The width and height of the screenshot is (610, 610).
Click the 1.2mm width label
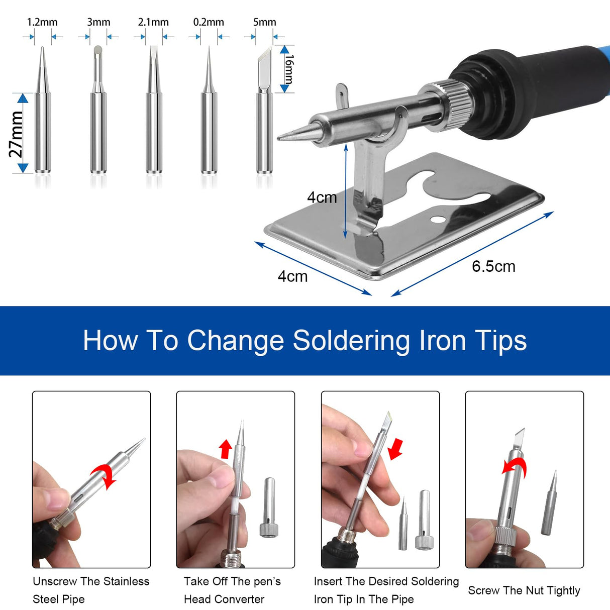point(42,22)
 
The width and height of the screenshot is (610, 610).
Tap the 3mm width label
point(98,22)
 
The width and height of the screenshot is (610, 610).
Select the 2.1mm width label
point(153,22)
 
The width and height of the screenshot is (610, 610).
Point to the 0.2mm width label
point(209,22)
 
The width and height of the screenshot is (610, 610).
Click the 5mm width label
point(264,22)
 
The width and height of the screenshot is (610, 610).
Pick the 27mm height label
point(16,134)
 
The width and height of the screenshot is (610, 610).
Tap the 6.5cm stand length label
point(493,266)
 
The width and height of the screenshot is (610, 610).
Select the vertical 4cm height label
point(322,197)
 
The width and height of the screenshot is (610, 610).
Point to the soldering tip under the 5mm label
point(264,116)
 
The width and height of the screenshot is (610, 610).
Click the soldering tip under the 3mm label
point(98,116)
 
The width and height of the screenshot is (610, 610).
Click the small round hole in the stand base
point(438,220)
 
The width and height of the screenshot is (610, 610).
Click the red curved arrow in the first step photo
point(105,474)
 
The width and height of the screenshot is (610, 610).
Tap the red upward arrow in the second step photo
point(226,449)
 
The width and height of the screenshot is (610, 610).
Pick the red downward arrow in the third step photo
point(396,448)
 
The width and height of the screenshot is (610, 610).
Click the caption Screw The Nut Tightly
point(524,590)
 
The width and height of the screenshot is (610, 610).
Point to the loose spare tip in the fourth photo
point(549,503)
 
